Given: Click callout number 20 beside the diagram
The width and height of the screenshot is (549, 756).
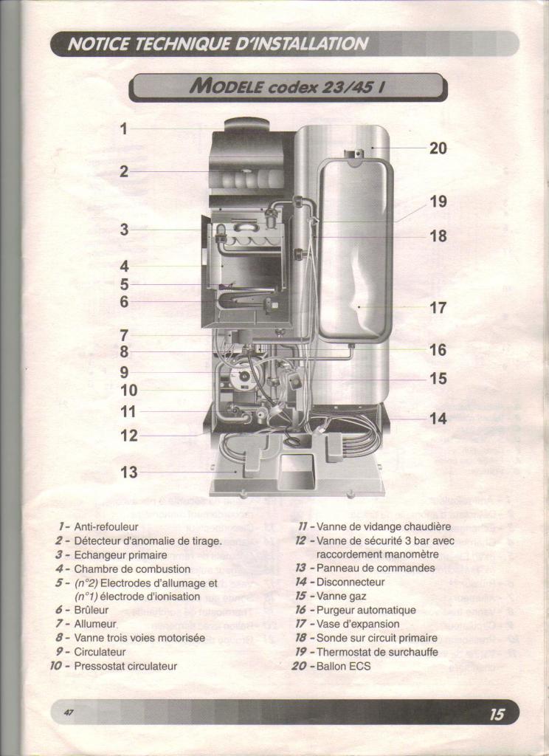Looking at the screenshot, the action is pyautogui.click(x=438, y=148).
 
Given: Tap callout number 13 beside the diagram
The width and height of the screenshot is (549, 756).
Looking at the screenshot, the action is pyautogui.click(x=128, y=472).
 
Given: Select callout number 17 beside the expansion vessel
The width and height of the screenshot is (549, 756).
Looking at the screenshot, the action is pyautogui.click(x=438, y=307).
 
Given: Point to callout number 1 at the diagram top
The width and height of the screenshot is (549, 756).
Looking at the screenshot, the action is pyautogui.click(x=124, y=128).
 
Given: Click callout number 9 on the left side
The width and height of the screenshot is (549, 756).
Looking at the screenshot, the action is pyautogui.click(x=125, y=372).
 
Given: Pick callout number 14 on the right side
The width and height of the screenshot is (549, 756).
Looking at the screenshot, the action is pyautogui.click(x=438, y=418).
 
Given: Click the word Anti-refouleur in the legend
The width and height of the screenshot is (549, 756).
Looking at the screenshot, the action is pyautogui.click(x=106, y=527).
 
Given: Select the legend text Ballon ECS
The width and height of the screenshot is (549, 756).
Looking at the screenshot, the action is pyautogui.click(x=344, y=666).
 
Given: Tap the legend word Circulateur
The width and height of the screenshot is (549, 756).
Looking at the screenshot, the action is pyautogui.click(x=100, y=652).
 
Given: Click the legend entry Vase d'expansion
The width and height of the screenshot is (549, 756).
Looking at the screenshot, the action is pyautogui.click(x=358, y=624).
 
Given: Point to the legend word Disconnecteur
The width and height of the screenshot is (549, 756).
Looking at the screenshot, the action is pyautogui.click(x=351, y=582).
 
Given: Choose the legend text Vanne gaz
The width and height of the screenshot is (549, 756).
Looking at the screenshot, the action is pyautogui.click(x=341, y=596).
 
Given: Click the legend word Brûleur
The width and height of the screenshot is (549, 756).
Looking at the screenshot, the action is pyautogui.click(x=91, y=610).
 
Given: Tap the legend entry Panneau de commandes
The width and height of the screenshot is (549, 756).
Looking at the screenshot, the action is pyautogui.click(x=376, y=568).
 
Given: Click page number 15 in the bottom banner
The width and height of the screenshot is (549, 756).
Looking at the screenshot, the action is pyautogui.click(x=497, y=714).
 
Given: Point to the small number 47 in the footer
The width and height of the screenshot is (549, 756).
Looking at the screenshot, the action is pyautogui.click(x=69, y=712).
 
